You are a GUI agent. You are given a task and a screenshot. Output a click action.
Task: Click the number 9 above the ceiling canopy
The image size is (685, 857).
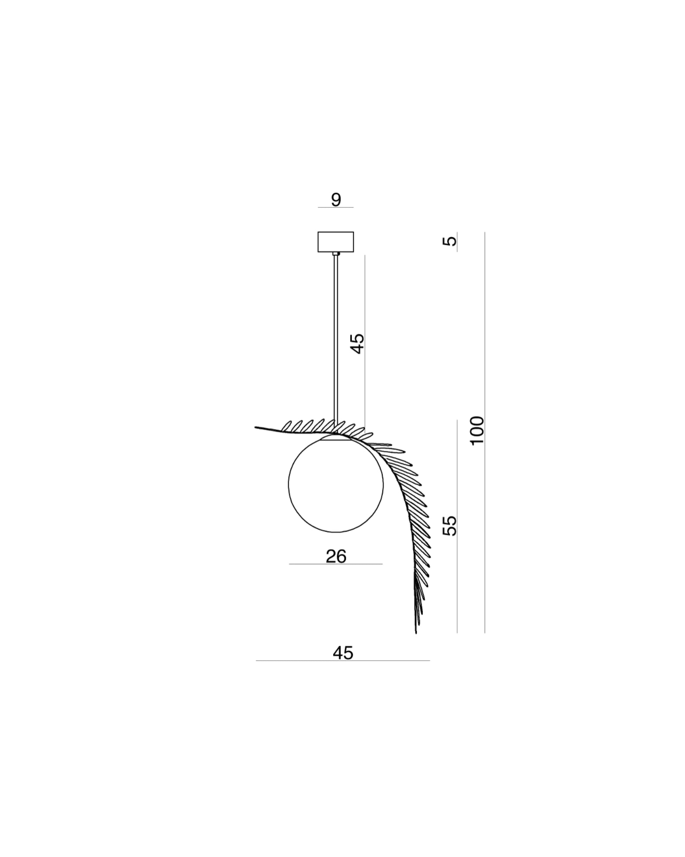tap(336, 200)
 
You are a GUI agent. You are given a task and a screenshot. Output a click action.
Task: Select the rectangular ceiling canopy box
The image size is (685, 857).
tap(336, 242)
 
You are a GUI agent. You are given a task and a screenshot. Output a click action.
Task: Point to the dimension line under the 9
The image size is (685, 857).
tap(336, 207)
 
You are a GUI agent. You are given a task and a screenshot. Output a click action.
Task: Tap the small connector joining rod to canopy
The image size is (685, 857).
tap(336, 254)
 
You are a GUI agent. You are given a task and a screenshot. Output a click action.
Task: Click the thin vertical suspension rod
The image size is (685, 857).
tap(336, 339)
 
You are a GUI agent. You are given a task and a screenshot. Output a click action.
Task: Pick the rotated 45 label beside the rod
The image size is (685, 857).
tap(357, 344)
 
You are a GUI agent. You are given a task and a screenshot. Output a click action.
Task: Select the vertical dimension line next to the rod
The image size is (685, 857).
tap(365, 341)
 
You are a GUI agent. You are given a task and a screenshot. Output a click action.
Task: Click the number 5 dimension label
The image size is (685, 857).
tap(450, 241)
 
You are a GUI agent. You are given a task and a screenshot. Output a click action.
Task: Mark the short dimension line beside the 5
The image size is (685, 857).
tap(457, 242)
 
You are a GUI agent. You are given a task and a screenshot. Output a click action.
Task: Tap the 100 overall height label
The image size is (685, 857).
tap(477, 431)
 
